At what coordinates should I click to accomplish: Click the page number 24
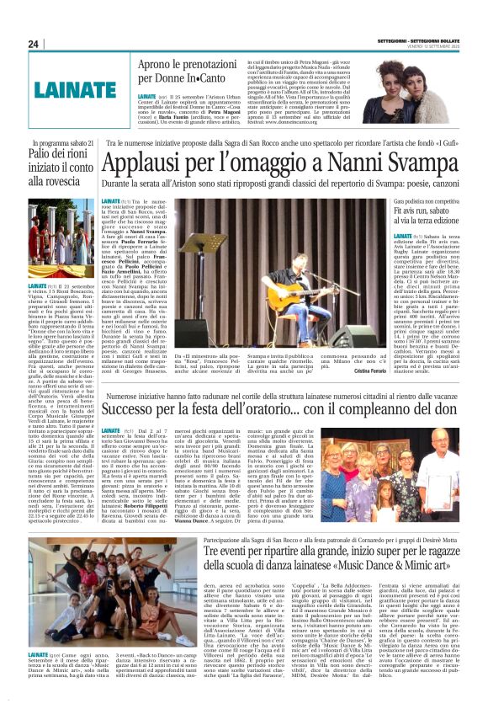pyautogui.click(x=34, y=45)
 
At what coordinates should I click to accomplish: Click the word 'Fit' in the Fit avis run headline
pyautogui.click(x=395, y=214)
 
